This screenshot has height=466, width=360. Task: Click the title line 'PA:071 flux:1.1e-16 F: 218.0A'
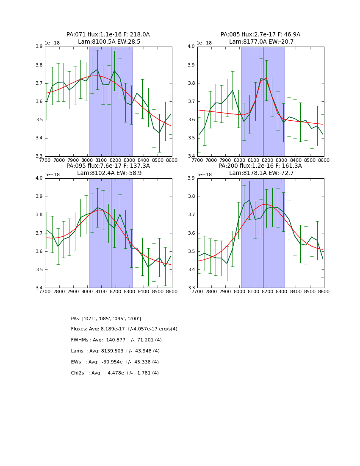click(x=108, y=35)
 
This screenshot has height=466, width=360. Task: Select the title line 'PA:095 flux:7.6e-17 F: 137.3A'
click(x=108, y=166)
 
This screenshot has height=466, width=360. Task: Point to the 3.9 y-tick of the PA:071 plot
click(x=40, y=47)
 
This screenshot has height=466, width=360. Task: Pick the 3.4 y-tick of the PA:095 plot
click(x=40, y=288)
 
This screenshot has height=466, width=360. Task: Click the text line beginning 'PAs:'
click(x=106, y=319)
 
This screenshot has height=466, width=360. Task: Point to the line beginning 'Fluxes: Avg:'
click(x=124, y=329)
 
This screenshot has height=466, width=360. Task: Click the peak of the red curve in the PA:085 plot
click(x=265, y=78)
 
